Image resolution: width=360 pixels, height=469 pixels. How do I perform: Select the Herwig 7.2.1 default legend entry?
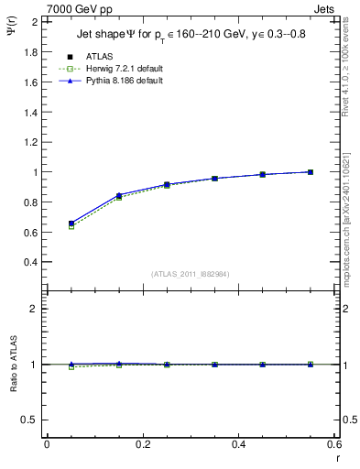tap(125, 69)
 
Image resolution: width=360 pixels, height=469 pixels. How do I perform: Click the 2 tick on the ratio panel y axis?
tap(34, 309)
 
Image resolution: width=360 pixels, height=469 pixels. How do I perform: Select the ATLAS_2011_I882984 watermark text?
tap(190, 274)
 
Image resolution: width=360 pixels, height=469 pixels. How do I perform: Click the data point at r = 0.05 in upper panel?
tap(71, 223)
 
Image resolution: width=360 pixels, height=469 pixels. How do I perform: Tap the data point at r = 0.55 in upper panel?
tap(311, 171)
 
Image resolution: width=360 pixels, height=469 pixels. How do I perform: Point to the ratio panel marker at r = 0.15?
tap(119, 364)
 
